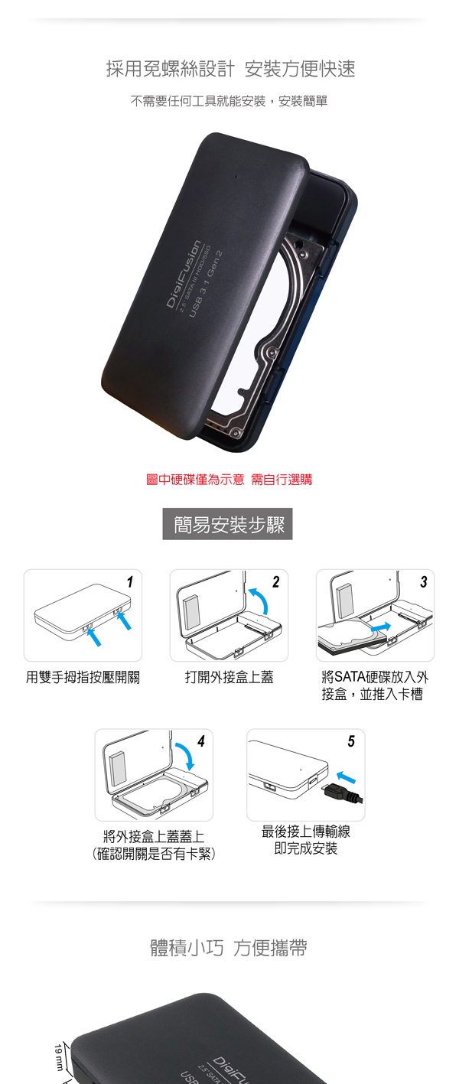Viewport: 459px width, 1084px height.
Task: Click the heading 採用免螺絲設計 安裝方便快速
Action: point(230,69)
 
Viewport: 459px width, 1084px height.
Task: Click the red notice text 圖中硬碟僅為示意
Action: point(195,480)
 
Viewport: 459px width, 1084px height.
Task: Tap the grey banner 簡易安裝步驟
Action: point(227,523)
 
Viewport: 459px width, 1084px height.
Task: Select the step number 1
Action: point(130,582)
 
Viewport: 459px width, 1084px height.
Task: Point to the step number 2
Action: point(276,582)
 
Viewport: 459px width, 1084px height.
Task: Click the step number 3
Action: point(424,582)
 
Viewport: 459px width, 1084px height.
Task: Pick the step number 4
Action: point(201,741)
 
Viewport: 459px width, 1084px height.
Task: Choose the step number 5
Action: point(351,741)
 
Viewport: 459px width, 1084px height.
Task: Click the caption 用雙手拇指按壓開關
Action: point(83,677)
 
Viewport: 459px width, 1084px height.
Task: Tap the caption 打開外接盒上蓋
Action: point(229,677)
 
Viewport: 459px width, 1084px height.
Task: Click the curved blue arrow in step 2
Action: point(262,597)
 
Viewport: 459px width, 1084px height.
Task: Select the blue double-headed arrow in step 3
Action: point(380,627)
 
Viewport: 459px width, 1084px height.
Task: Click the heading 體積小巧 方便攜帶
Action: point(229,948)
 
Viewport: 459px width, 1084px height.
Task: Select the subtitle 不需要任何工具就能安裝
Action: point(198,101)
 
